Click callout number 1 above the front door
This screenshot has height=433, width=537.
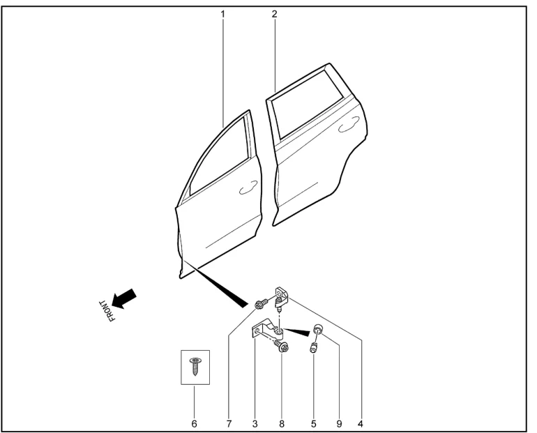click(222, 15)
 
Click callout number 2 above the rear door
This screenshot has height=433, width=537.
click(274, 14)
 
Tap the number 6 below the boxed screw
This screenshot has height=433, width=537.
click(194, 424)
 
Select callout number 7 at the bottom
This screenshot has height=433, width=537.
click(229, 424)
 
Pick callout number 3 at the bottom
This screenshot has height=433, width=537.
click(255, 424)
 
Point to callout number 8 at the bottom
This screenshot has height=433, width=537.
click(282, 424)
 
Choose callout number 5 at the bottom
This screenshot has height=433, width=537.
click(313, 424)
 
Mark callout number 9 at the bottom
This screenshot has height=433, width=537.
click(339, 424)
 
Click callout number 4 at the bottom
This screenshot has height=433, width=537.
click(360, 424)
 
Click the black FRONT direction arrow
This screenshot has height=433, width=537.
click(124, 298)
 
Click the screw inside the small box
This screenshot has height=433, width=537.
click(195, 366)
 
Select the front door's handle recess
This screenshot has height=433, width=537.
click(248, 188)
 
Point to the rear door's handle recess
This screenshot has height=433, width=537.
click(349, 124)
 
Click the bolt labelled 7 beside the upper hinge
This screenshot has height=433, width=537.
click(262, 303)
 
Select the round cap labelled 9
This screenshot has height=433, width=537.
click(318, 330)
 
